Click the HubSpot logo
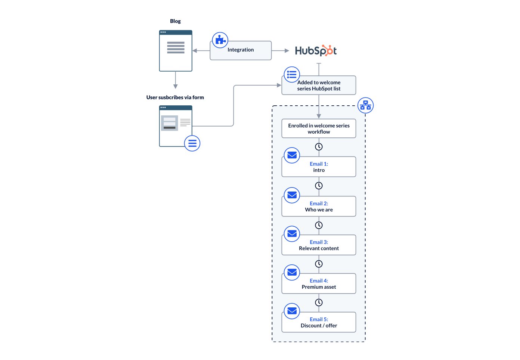click(316, 51)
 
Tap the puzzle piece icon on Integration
click(220, 40)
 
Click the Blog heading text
click(175, 21)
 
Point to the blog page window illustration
click(176, 51)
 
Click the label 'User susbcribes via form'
click(175, 97)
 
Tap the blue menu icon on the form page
click(192, 143)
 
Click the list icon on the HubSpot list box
click(292, 75)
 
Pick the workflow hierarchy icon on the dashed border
click(365, 105)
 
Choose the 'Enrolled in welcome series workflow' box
click(319, 128)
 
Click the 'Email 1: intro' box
click(319, 167)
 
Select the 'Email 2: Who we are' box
click(319, 207)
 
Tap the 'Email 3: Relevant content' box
click(319, 245)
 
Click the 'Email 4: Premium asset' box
click(319, 284)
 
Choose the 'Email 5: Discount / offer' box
click(319, 322)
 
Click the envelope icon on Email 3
click(292, 234)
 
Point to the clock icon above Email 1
click(319, 147)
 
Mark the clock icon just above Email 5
click(319, 302)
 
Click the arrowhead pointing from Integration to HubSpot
click(287, 51)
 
